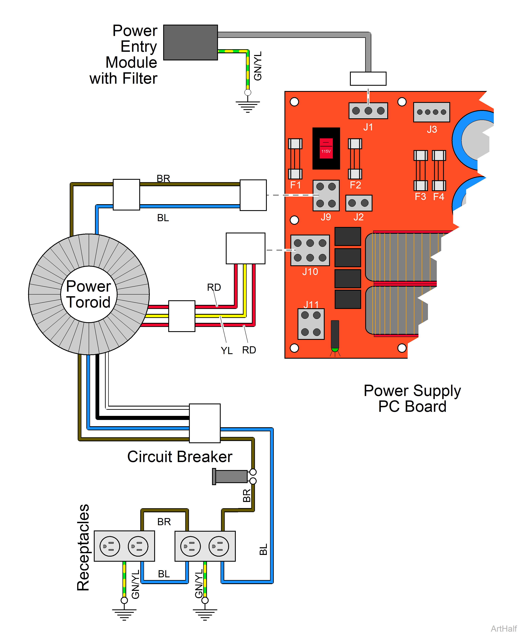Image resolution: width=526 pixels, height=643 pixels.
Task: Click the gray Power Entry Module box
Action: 190,42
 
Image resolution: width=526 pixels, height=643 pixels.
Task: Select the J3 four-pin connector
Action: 432,112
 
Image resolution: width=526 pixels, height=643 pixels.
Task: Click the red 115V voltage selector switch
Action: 326,149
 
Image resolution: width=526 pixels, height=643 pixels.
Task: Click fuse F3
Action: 420,170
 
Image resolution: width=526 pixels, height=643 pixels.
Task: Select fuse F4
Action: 439,170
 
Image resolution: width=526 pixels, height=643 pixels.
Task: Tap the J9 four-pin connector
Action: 326,195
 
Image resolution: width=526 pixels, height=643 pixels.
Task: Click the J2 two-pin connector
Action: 359,203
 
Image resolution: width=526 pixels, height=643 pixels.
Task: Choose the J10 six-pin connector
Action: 310,250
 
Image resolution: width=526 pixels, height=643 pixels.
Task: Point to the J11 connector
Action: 311,324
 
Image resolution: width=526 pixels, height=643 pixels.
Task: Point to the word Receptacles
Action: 83,547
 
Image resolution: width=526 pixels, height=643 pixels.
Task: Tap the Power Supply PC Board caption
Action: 412,398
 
